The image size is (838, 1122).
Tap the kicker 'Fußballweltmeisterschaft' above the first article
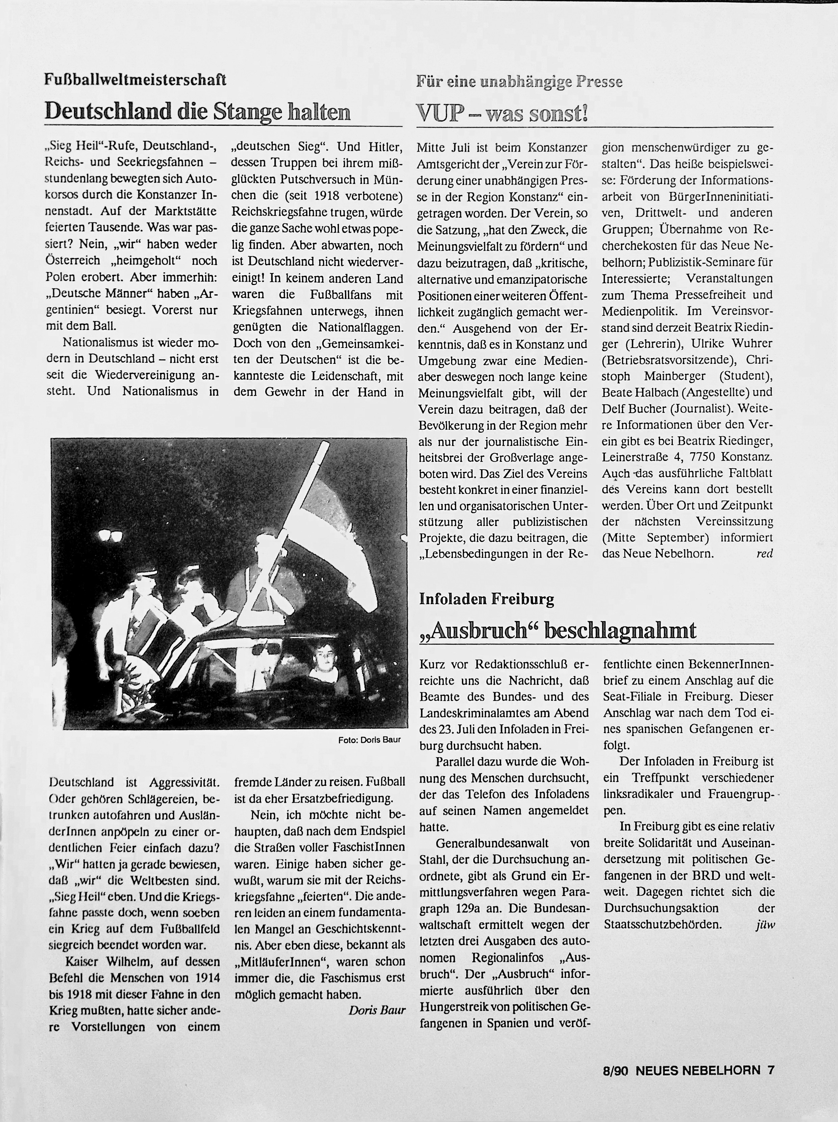[x=135, y=80]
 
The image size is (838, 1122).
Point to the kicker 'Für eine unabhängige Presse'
[x=519, y=82]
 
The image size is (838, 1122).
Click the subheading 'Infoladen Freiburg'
[x=487, y=600]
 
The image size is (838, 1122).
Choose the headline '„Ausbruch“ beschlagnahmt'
[x=558, y=630]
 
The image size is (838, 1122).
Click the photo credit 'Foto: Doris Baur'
[x=370, y=740]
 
